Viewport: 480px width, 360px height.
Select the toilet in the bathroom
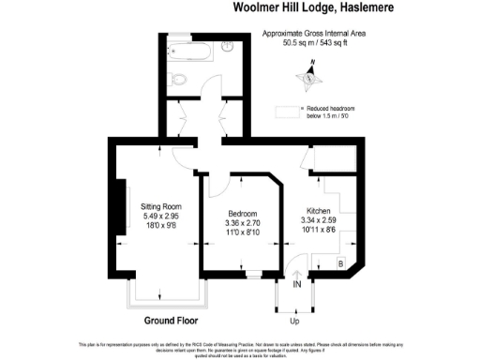pos(186,79)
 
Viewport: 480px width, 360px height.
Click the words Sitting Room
pos(160,206)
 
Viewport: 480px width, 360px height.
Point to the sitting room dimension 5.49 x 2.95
pos(160,217)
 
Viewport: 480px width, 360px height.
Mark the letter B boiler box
pos(339,263)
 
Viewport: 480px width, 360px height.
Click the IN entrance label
pos(297,283)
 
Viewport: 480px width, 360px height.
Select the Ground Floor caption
pos(171,321)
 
